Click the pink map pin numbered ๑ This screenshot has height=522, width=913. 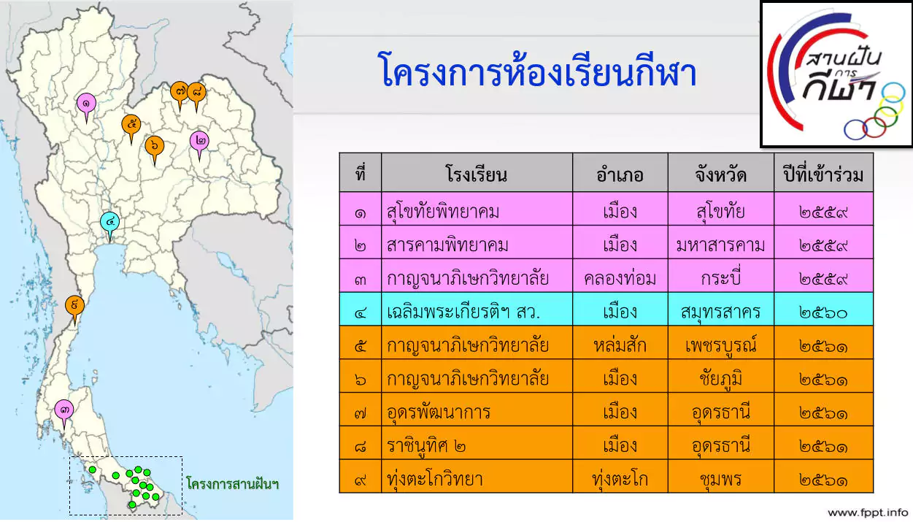pyautogui.click(x=86, y=104)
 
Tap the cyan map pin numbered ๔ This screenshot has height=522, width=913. pyautogui.click(x=110, y=223)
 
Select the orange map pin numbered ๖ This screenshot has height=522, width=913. pyautogui.click(x=155, y=146)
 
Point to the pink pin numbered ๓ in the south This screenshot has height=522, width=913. pyautogui.click(x=64, y=410)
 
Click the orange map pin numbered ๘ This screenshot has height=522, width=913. pyautogui.click(x=196, y=93)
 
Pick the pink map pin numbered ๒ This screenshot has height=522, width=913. pyautogui.click(x=200, y=141)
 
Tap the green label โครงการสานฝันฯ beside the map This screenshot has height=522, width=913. pyautogui.click(x=232, y=484)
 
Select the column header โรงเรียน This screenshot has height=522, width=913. pyautogui.click(x=477, y=174)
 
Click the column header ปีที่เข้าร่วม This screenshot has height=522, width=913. pyautogui.click(x=823, y=174)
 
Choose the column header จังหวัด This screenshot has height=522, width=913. pyautogui.click(x=720, y=175)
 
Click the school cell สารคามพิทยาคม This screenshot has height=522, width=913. pyautogui.click(x=447, y=245)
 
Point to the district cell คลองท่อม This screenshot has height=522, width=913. pyautogui.click(x=620, y=279)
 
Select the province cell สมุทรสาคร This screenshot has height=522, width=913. pyautogui.click(x=720, y=312)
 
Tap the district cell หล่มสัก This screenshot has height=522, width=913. pyautogui.click(x=620, y=346)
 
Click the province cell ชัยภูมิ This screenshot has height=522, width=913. pyautogui.click(x=720, y=379)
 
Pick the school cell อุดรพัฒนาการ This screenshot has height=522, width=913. pyautogui.click(x=439, y=412)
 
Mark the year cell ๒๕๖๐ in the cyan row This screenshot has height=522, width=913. pyautogui.click(x=823, y=313)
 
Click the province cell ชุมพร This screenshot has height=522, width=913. pyautogui.click(x=720, y=480)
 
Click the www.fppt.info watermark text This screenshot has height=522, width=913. pyautogui.click(x=868, y=513)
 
